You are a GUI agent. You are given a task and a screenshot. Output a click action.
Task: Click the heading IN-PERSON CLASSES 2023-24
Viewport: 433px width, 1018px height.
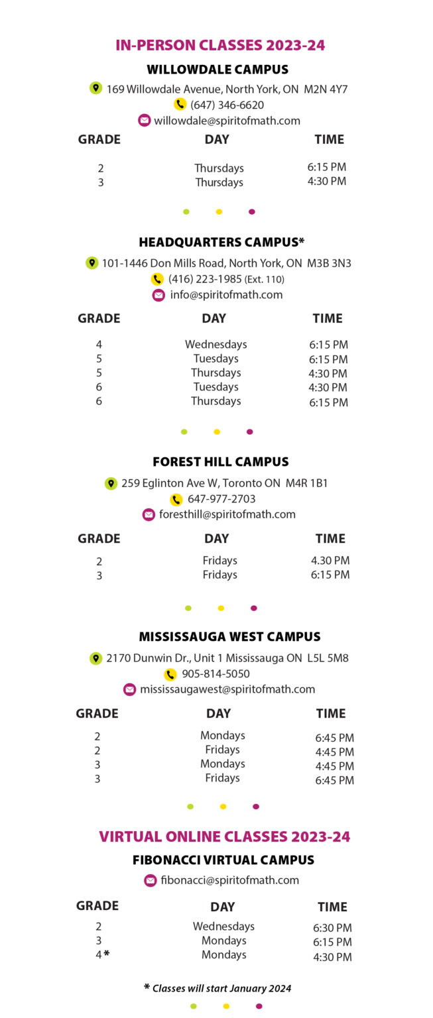click(220, 45)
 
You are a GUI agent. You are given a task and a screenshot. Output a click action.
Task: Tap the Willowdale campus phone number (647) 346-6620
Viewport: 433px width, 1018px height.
click(227, 105)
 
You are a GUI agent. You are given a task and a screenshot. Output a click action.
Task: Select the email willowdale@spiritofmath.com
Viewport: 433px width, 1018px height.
click(227, 121)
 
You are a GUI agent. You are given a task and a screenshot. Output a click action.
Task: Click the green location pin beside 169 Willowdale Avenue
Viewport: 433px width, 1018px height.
click(95, 88)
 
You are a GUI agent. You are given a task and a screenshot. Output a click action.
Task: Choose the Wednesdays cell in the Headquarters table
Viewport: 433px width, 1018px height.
click(216, 344)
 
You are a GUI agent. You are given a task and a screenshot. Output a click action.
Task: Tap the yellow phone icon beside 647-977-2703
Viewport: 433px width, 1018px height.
click(176, 500)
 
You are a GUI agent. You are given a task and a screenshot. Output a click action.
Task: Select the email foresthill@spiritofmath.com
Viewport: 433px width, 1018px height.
click(227, 514)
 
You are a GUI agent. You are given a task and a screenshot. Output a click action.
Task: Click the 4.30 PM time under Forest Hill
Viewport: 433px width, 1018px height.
click(330, 561)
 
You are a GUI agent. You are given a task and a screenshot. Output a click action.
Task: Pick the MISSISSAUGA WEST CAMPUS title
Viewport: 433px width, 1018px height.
click(229, 637)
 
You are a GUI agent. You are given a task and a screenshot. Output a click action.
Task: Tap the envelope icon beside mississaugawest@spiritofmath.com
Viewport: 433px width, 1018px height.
click(129, 690)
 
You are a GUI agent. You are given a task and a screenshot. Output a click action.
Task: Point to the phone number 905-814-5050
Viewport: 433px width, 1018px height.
click(216, 674)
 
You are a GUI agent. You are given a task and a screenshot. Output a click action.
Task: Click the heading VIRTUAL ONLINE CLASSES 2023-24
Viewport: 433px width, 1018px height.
click(224, 836)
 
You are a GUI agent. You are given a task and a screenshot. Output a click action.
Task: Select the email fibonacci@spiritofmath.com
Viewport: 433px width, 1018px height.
click(229, 880)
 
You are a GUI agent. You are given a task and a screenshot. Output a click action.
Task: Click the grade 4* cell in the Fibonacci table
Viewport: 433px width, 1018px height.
click(101, 955)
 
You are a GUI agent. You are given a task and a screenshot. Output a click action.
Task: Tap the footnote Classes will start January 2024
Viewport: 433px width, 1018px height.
click(221, 988)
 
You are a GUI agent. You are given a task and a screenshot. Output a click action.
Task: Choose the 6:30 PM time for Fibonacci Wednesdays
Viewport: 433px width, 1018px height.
click(332, 928)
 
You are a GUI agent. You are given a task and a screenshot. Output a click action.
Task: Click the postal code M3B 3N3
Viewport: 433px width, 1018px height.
click(329, 263)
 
